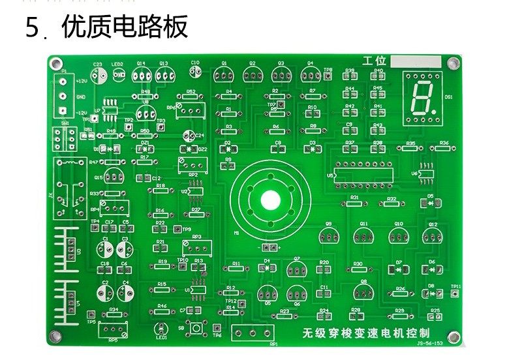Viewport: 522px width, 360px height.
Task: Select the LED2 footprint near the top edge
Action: point(119,74)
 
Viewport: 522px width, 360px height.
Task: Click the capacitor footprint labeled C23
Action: point(98,75)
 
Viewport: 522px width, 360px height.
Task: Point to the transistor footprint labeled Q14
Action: point(141,75)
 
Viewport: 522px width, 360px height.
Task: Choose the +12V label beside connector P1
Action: point(82,82)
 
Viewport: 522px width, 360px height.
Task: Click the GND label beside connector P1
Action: point(81,97)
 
